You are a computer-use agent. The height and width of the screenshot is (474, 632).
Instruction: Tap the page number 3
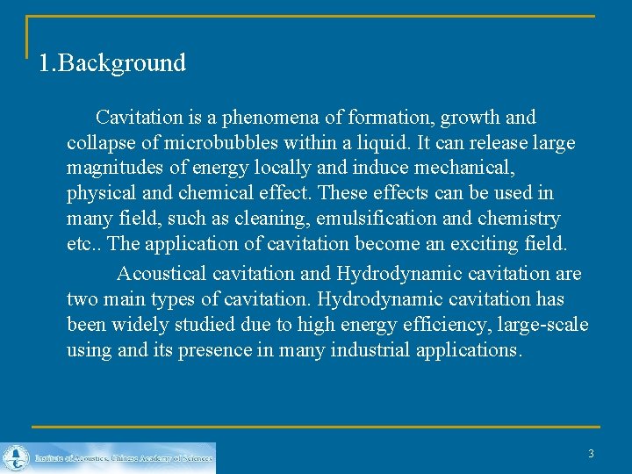pyautogui.click(x=591, y=454)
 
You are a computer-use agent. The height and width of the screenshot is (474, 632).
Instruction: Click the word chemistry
pyautogui.click(x=515, y=218)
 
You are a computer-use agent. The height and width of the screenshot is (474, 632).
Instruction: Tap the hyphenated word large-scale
pyautogui.click(x=542, y=325)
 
